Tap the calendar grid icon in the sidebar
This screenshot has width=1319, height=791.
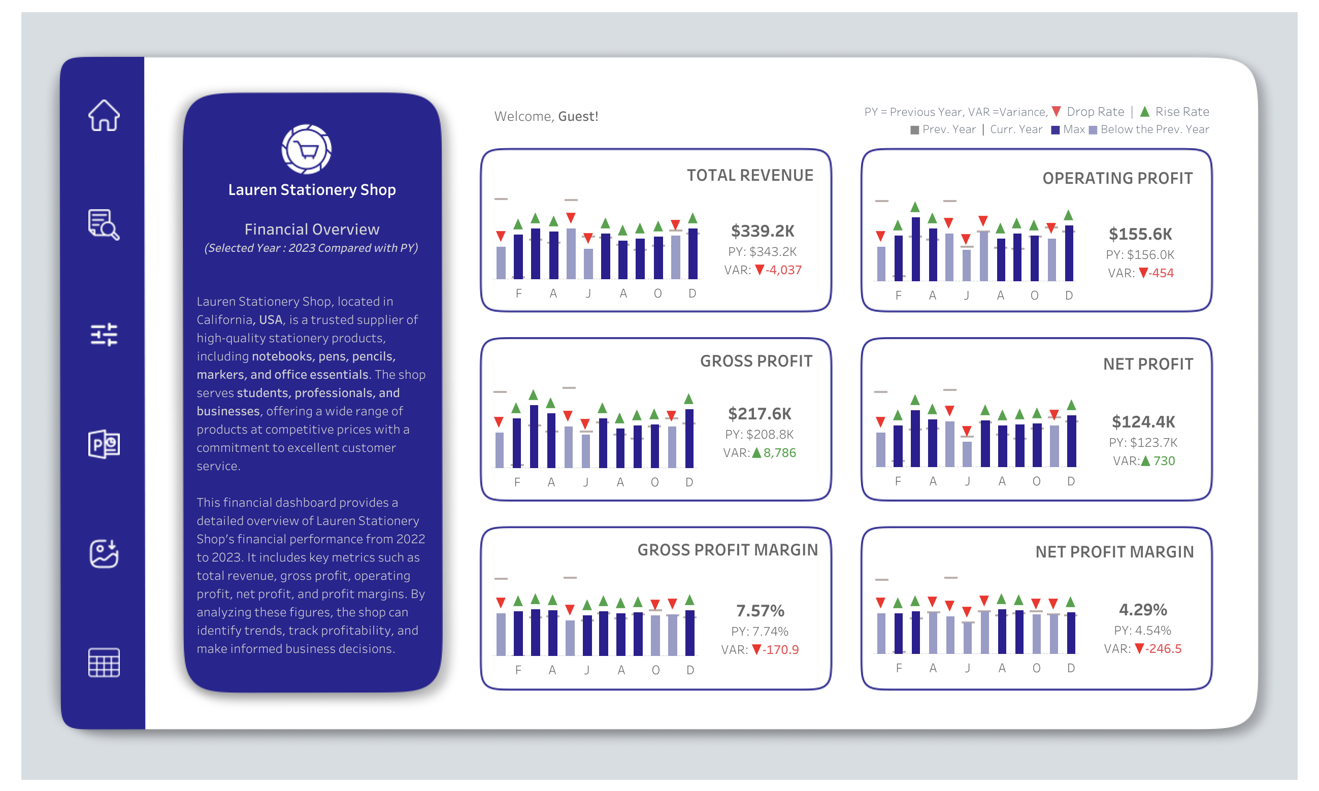(x=104, y=663)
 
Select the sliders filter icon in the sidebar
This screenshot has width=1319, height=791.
(x=104, y=335)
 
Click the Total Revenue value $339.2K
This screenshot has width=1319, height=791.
(x=762, y=231)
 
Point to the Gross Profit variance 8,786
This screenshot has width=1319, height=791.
(x=779, y=452)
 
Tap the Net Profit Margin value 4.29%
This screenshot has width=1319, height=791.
(x=1142, y=609)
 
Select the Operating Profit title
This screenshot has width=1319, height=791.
(x=1117, y=178)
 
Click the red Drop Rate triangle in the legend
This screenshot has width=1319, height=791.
(x=1056, y=111)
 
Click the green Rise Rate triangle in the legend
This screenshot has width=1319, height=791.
(x=1144, y=111)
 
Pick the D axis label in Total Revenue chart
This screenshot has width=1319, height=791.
(x=692, y=293)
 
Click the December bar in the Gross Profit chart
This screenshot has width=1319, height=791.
(x=689, y=438)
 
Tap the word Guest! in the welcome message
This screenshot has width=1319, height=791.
(x=578, y=116)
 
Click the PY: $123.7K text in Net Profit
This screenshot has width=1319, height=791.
(x=1143, y=442)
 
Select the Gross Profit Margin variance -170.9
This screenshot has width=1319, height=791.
(x=780, y=649)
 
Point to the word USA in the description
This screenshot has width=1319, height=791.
(x=270, y=320)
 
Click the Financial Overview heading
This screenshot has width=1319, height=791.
(x=312, y=229)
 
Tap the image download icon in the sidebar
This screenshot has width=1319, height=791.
(x=104, y=553)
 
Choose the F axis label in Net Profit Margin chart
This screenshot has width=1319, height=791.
(x=899, y=668)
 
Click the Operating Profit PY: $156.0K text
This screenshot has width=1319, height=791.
(x=1139, y=255)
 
